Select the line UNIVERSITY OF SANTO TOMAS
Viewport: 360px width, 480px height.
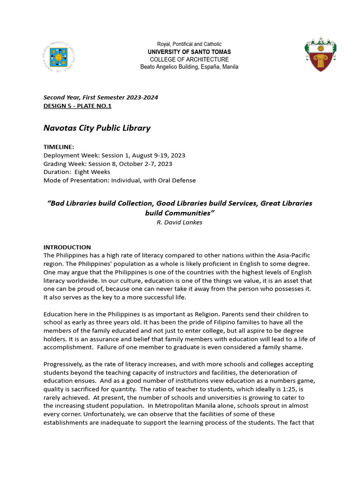tap(189, 52)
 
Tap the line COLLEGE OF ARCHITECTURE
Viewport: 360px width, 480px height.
tap(189, 60)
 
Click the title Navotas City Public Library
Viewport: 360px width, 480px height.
tap(97, 128)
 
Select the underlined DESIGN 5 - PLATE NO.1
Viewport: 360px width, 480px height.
tap(77, 106)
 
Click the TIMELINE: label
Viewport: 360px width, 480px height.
tap(59, 147)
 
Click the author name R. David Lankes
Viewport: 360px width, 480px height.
tap(180, 222)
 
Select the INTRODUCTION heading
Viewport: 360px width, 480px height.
tap(67, 247)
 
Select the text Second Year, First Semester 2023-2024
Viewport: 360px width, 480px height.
tap(101, 97)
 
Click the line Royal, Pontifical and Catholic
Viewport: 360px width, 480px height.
tap(189, 44)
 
